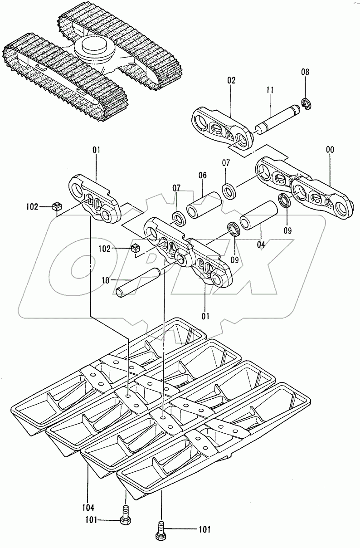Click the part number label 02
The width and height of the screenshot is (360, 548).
[231, 81]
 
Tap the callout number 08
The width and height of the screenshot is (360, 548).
[305, 72]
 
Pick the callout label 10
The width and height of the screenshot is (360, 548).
[105, 281]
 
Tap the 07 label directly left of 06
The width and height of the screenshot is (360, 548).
[175, 187]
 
